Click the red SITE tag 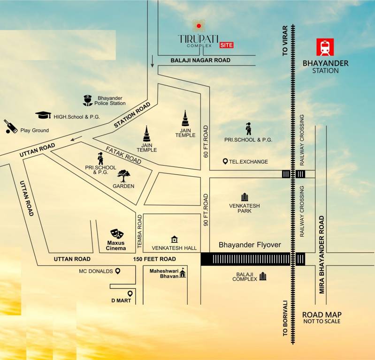226,45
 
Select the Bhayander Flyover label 250,245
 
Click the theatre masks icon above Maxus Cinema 117,233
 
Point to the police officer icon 87,100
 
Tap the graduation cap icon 43,115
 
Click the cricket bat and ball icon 10,127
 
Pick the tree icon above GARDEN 124,176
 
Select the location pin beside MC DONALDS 118,271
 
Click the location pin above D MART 130,294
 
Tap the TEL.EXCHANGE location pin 225,162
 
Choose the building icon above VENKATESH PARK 244,197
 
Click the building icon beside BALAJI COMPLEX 263,276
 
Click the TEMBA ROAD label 139,228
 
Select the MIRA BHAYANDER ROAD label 322,255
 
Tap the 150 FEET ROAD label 154,259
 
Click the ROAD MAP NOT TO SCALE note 321,317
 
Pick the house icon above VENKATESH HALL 175,240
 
